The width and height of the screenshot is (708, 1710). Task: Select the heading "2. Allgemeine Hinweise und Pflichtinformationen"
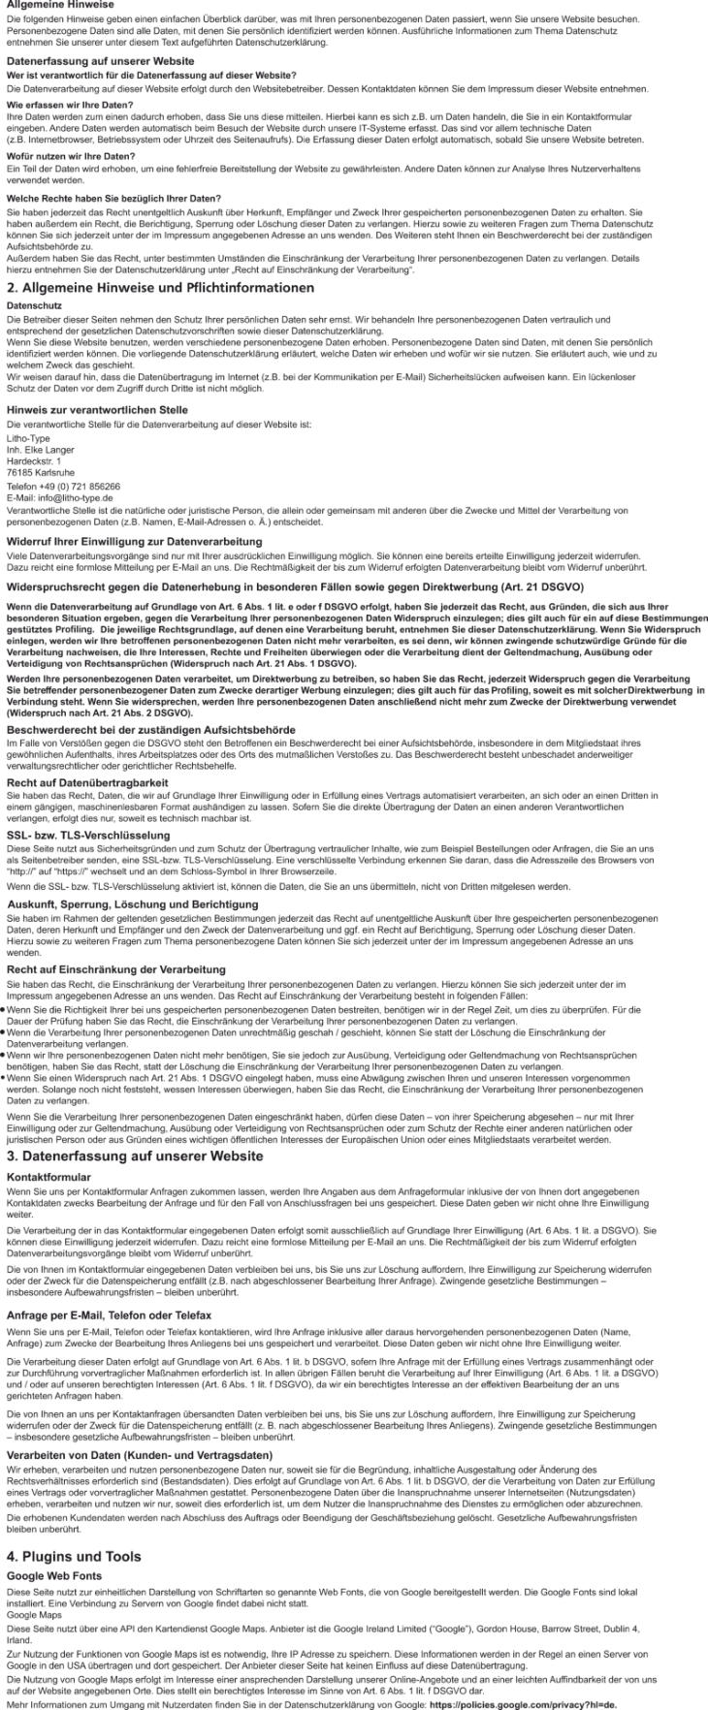160,288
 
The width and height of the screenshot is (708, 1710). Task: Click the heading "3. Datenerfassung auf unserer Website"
135,1156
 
